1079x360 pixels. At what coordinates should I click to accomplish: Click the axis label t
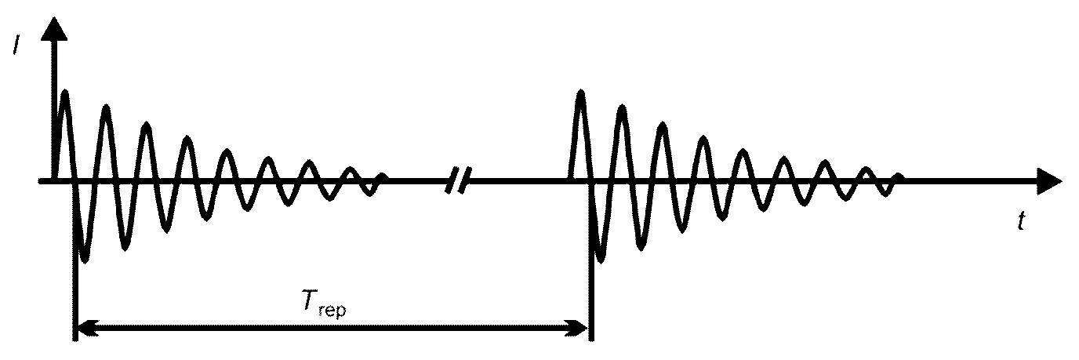(1021, 224)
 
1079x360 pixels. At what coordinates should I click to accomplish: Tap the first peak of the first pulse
(64, 93)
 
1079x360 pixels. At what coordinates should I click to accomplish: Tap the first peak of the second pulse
(580, 93)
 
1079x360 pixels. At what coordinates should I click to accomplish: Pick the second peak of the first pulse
(106, 107)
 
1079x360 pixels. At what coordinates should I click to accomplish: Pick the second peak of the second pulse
(622, 107)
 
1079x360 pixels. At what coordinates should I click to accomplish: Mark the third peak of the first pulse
(147, 125)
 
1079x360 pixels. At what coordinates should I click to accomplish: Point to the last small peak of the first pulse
(383, 175)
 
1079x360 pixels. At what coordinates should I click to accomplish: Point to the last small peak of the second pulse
(899, 175)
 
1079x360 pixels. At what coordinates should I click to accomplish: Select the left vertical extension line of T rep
(74, 298)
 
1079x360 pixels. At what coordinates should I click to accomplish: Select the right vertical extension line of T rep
(590, 298)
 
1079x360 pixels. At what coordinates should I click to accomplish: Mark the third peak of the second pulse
(663, 125)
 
